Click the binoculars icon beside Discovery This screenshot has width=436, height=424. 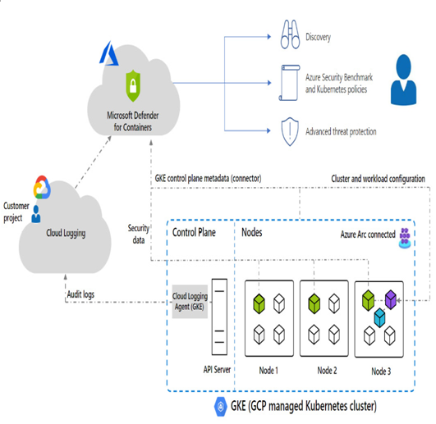pyautogui.click(x=290, y=34)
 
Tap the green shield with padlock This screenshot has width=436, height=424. pyautogui.click(x=133, y=86)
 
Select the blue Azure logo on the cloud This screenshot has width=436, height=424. pyautogui.click(x=109, y=54)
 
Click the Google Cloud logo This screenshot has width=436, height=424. pyautogui.click(x=42, y=187)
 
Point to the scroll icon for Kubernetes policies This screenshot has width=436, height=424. pyautogui.click(x=290, y=83)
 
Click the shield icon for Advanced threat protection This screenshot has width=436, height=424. pyautogui.click(x=290, y=131)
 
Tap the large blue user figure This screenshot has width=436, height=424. pyautogui.click(x=403, y=80)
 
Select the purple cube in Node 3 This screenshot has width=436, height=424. pyautogui.click(x=391, y=299)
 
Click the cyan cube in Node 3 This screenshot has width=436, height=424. pyautogui.click(x=379, y=317)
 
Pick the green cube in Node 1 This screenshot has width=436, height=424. pyautogui.click(x=259, y=303)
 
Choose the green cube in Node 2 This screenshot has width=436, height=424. pyautogui.click(x=314, y=303)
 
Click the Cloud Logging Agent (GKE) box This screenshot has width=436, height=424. pyautogui.click(x=190, y=302)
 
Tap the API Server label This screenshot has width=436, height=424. pyautogui.click(x=217, y=370)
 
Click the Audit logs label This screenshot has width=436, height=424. pyautogui.click(x=80, y=294)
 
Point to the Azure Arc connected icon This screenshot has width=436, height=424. pyautogui.click(x=405, y=238)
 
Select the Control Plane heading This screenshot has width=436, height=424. pyautogui.click(x=194, y=232)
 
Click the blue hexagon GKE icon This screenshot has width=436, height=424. pyautogui.click(x=221, y=407)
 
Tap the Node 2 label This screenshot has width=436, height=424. pyautogui.click(x=327, y=371)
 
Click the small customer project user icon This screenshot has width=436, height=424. pyautogui.click(x=36, y=214)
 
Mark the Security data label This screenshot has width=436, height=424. pyautogui.click(x=139, y=234)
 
